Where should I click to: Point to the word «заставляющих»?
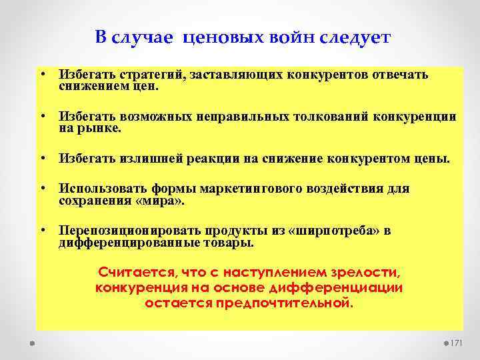tap(237, 75)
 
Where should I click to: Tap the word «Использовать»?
tap(100, 189)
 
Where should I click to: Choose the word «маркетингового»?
tap(249, 189)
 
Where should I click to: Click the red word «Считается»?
tap(133, 273)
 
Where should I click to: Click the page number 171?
tap(457, 343)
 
